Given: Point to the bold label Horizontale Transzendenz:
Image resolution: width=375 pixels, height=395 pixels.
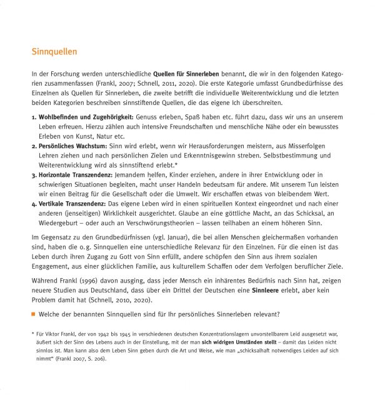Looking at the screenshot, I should coord(76,174).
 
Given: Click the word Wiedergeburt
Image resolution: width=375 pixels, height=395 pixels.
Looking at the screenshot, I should coord(58,222).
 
